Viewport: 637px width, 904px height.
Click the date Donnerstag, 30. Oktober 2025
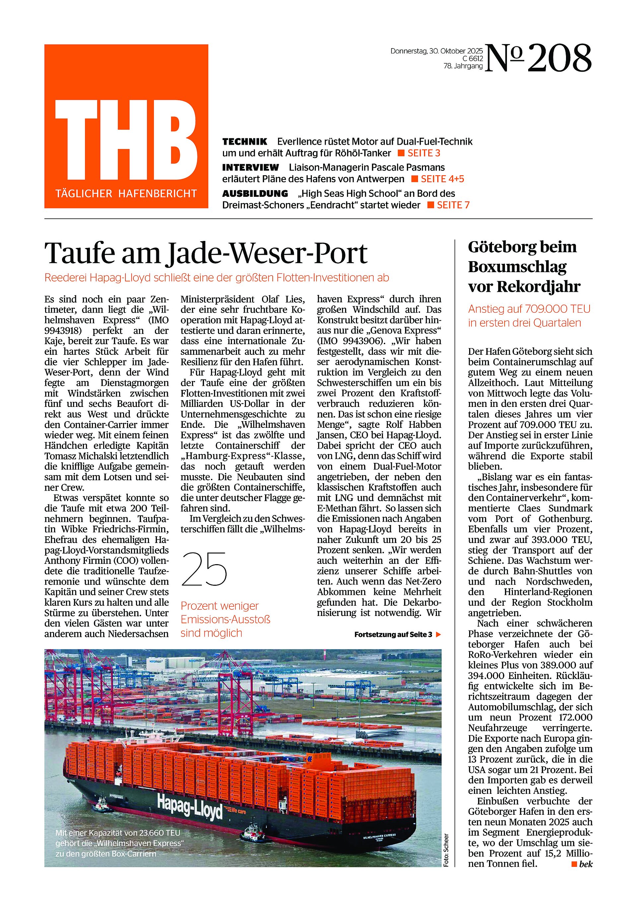(x=436, y=51)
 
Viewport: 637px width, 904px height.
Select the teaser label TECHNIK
(x=245, y=142)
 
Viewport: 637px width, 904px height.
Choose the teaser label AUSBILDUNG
(x=255, y=194)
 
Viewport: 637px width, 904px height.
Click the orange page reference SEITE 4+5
(x=442, y=179)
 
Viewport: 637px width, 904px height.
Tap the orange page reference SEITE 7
(x=453, y=205)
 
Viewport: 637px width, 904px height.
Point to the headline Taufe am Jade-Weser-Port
(x=206, y=253)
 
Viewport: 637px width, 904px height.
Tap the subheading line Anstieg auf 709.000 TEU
(x=529, y=309)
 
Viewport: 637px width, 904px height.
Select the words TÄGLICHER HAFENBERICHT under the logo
(x=126, y=194)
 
